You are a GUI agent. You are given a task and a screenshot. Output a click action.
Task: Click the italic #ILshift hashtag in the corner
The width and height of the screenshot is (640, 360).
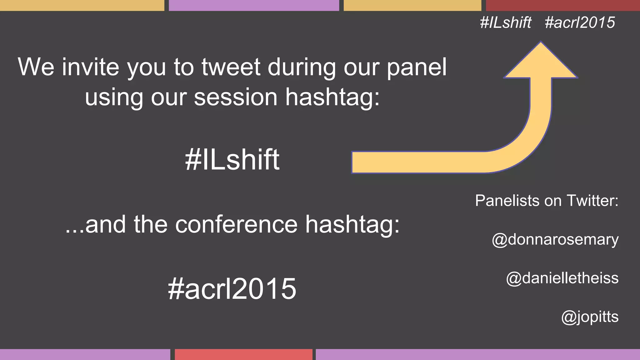[506, 22]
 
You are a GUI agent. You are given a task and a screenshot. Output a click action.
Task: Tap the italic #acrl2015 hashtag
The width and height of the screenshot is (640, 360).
[580, 22]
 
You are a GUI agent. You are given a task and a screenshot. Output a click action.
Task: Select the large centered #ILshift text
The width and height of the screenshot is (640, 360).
[232, 160]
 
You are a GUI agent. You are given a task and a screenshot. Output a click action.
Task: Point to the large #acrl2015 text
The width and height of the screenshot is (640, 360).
[232, 288]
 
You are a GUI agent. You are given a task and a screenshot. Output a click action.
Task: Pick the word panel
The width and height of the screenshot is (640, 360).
[417, 67]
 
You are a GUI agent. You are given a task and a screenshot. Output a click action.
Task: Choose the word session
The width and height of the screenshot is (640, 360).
[236, 97]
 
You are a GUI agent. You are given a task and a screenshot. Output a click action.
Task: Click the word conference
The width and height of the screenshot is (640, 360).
[236, 224]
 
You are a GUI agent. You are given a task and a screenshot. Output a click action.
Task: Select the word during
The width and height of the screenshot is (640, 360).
[302, 67]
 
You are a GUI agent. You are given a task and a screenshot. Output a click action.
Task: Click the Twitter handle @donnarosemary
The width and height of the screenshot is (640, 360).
[555, 240]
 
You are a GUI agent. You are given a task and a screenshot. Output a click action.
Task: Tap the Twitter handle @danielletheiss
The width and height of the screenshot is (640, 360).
[562, 278]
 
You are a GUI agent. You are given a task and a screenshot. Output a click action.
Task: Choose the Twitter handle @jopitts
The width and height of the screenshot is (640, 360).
[590, 317]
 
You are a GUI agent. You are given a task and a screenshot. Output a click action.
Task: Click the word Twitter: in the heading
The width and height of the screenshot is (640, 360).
[592, 201]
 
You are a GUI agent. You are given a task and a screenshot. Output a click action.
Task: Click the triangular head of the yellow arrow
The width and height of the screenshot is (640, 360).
[541, 62]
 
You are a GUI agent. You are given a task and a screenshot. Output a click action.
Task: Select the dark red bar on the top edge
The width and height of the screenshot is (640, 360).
[563, 5]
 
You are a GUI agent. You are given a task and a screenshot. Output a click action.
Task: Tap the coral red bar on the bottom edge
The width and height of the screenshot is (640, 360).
[243, 354]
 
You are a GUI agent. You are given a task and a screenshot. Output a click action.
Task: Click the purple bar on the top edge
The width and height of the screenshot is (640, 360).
[254, 5]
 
